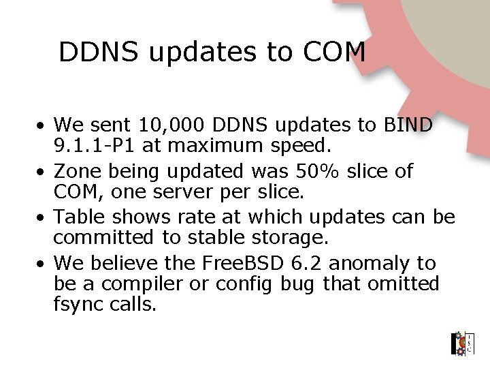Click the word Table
pos(78,217)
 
